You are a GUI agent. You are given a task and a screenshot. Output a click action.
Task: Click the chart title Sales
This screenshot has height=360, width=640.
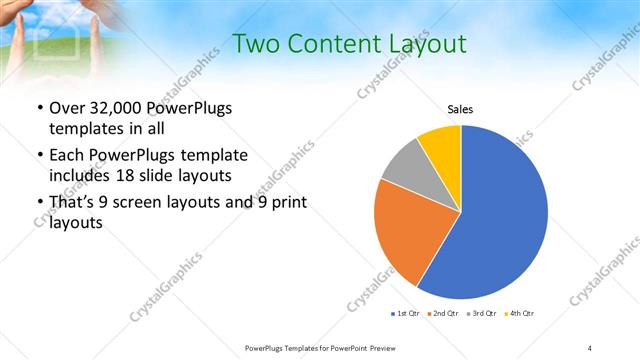(x=460, y=109)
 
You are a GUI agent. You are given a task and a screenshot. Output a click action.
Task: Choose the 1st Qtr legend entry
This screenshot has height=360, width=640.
(x=407, y=314)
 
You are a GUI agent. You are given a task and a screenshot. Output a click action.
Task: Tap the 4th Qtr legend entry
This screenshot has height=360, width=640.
(x=521, y=314)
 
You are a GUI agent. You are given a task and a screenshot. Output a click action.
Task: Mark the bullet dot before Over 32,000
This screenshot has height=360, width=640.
(x=38, y=108)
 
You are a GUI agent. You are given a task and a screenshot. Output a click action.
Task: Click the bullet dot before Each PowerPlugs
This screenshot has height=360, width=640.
(x=38, y=155)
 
